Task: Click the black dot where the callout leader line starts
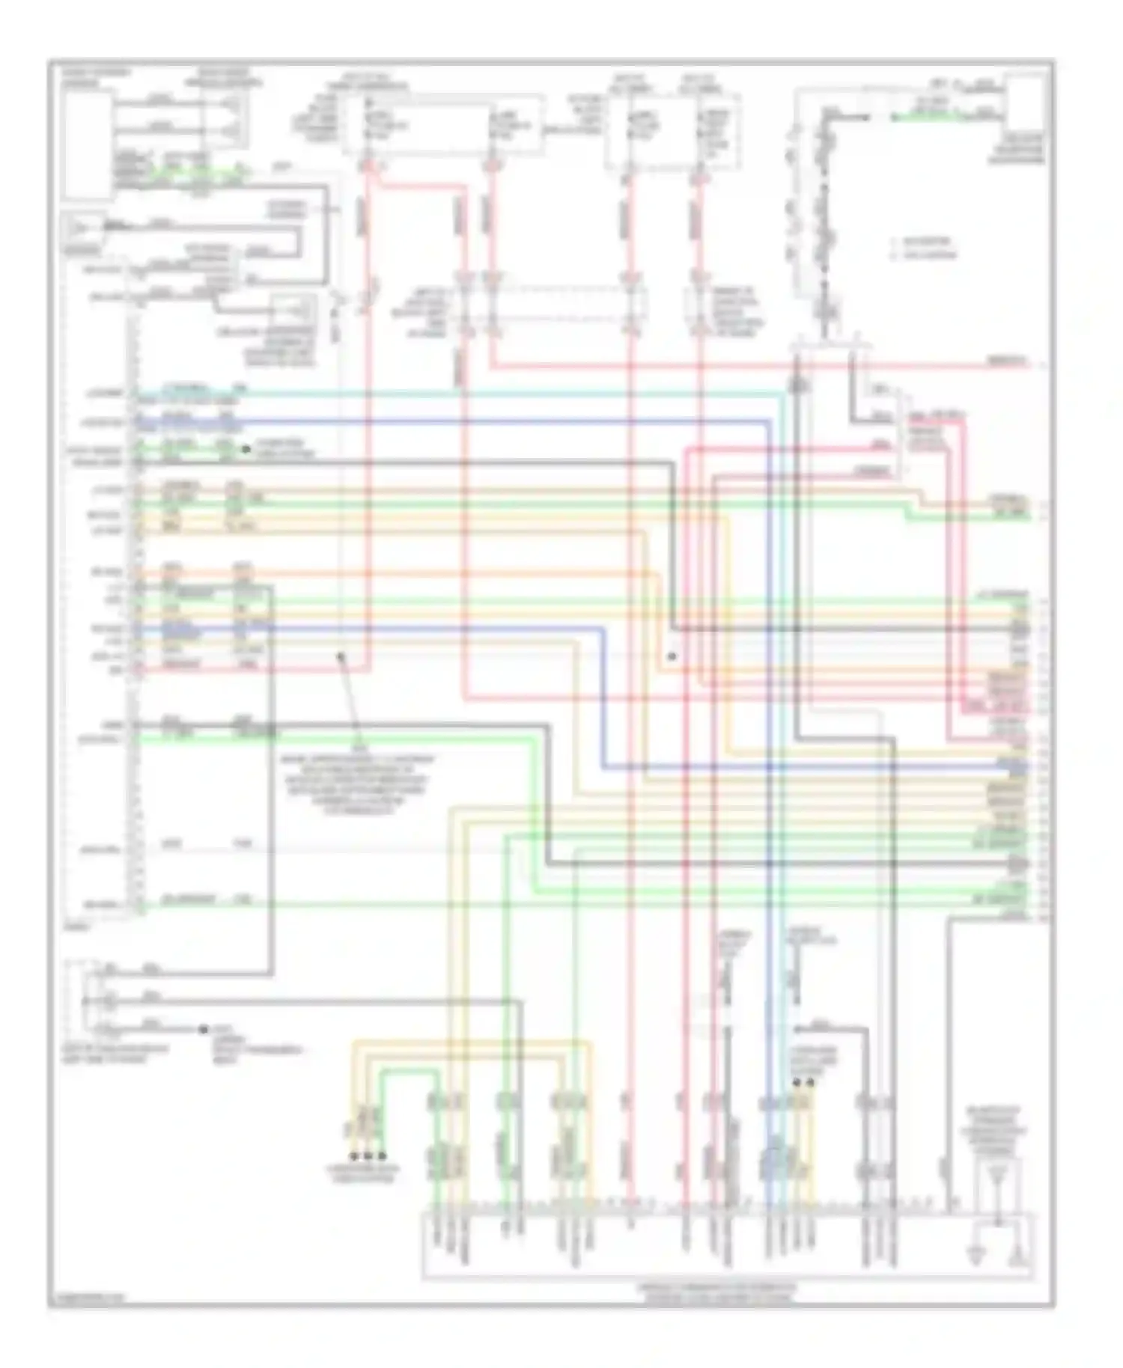click(341, 656)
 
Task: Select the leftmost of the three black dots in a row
click(354, 1156)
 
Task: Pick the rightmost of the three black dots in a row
click(382, 1156)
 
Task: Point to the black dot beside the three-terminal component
click(203, 1030)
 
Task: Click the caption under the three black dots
click(362, 1173)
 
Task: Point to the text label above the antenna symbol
click(993, 1131)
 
